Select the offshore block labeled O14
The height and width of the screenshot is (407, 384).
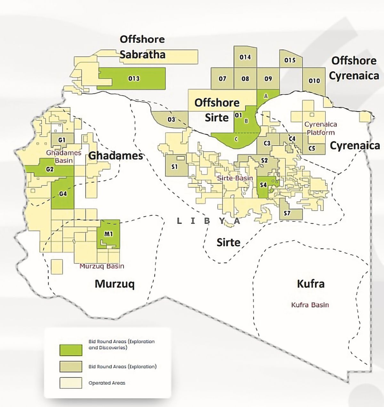[245, 57]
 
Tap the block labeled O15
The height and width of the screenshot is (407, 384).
[290, 60]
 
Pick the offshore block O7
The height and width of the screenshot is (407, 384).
[222, 79]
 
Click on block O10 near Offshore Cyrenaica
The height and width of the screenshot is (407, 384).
[314, 81]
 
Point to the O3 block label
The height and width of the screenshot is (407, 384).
[172, 120]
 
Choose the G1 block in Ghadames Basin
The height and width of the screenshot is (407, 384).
[62, 140]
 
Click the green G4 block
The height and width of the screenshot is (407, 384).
[63, 194]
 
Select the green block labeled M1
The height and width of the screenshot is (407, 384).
[108, 234]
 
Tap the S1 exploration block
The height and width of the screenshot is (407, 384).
[174, 167]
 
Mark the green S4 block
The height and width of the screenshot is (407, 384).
[263, 185]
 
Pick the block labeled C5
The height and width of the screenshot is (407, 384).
[312, 148]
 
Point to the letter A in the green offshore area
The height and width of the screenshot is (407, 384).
[266, 96]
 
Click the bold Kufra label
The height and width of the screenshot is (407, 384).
[311, 284]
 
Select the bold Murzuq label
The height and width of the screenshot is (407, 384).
[115, 284]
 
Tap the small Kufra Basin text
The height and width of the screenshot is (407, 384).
[310, 305]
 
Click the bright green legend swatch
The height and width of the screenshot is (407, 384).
[71, 350]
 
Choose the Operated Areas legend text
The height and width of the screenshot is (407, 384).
[107, 383]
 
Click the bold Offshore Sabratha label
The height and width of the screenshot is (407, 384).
[142, 47]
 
